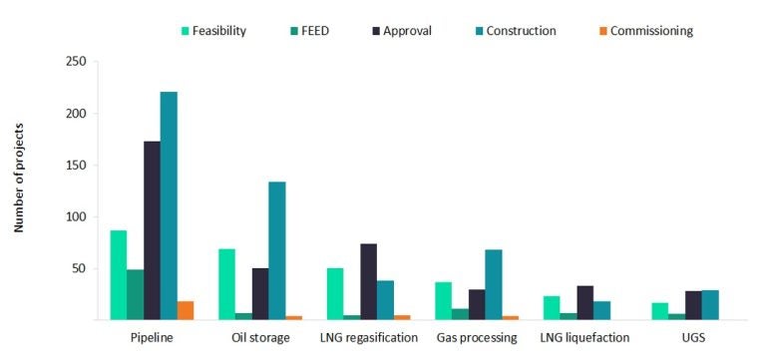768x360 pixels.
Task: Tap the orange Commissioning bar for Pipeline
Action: [186, 310]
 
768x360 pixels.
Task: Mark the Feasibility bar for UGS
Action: [659, 311]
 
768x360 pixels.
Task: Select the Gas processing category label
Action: [476, 338]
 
